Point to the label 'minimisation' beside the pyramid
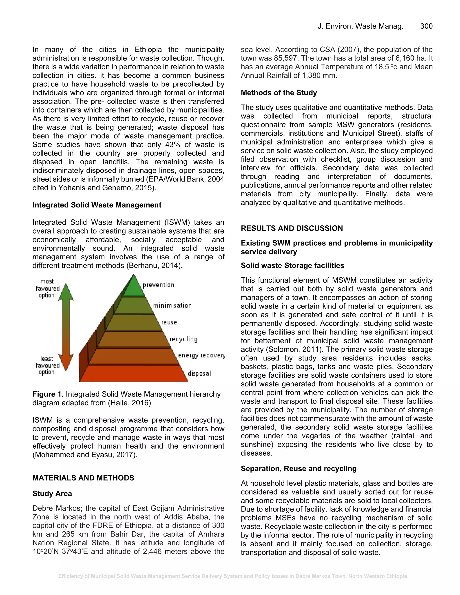(172, 305)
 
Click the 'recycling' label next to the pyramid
(184, 339)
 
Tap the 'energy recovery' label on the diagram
(201, 355)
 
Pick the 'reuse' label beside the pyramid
(169, 322)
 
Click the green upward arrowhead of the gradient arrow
(66, 291)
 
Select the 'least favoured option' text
(47, 365)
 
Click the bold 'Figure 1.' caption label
(48, 394)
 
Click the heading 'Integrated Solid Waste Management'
(97, 205)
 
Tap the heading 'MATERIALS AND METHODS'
(83, 478)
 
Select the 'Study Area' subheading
(52, 494)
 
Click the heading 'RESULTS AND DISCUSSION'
(292, 228)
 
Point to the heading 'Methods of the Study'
(279, 93)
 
